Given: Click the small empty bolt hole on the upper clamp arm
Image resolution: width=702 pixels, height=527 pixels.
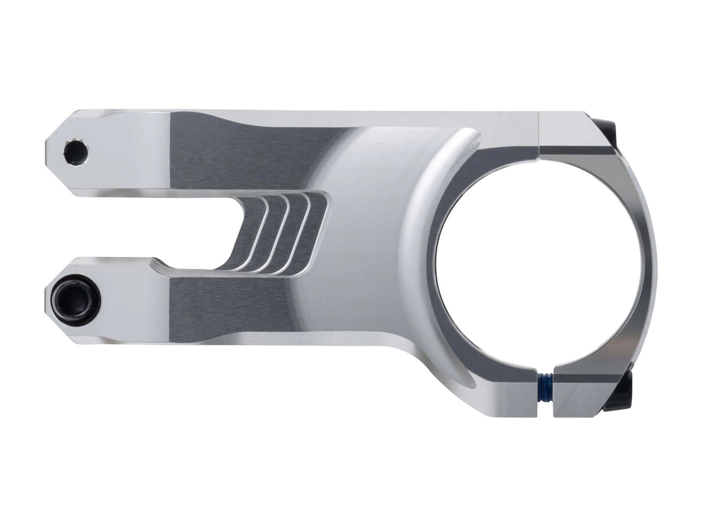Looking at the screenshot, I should [76, 153].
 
